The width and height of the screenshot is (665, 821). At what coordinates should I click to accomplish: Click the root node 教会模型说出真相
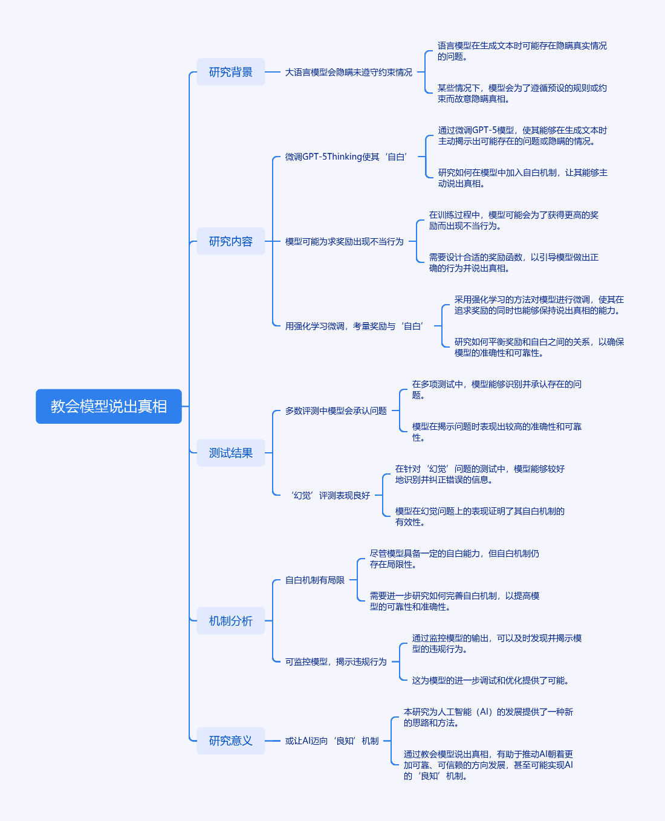tap(109, 406)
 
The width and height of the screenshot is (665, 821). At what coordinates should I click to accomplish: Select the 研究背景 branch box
tap(230, 72)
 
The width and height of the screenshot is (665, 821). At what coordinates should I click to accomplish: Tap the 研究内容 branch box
tap(230, 241)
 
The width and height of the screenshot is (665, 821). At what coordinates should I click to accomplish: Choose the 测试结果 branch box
tap(230, 453)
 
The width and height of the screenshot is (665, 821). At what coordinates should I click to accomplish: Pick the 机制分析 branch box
tap(230, 621)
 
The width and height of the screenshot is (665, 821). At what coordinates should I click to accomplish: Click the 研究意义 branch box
tap(230, 741)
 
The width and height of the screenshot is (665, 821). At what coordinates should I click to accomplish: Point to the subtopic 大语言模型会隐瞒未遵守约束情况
tap(348, 72)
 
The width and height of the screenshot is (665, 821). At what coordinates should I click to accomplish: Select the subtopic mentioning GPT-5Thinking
tap(346, 157)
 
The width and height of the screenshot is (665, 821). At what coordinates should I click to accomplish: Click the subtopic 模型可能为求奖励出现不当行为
tap(344, 241)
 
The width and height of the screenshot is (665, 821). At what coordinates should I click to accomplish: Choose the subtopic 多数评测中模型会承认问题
tap(336, 410)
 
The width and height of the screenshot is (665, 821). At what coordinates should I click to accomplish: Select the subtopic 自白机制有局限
tap(314, 580)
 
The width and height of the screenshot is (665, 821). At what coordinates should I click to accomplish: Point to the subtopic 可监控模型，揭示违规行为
tap(336, 661)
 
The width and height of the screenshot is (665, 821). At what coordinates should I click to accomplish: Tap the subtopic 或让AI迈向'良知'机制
tap(332, 741)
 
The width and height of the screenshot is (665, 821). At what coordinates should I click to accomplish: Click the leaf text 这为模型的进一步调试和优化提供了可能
tap(490, 680)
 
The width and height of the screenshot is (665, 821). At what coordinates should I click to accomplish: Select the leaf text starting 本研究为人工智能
tap(488, 717)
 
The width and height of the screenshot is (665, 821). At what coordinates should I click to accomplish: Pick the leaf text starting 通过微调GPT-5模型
tap(522, 135)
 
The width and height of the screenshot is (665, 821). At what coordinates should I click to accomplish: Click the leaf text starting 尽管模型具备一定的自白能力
tap(454, 559)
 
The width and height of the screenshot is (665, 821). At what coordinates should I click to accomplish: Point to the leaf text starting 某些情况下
tap(522, 93)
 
